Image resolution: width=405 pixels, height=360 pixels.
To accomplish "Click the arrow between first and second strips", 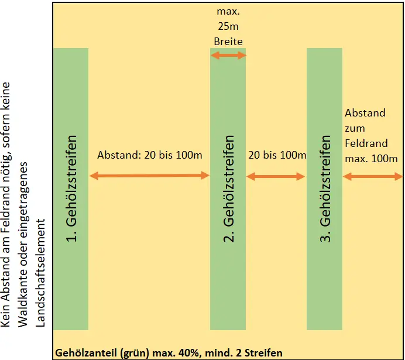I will point(149,175).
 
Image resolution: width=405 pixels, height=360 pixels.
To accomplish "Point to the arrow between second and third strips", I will point(276,175).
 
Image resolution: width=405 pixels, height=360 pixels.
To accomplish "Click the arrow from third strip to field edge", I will point(373,176).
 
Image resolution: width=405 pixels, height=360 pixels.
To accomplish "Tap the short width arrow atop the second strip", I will point(228,56).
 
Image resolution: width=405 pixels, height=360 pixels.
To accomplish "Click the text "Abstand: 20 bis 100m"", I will point(150,156).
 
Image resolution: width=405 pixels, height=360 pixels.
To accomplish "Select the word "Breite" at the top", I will point(228,42).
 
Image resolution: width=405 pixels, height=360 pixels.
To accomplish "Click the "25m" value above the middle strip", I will point(228,27).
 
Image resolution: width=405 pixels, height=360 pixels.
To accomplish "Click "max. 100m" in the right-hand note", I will point(371,158).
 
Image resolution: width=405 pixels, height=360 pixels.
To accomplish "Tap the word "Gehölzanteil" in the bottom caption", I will point(84,353).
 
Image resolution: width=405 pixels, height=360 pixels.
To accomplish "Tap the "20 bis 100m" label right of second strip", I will point(277,156).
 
